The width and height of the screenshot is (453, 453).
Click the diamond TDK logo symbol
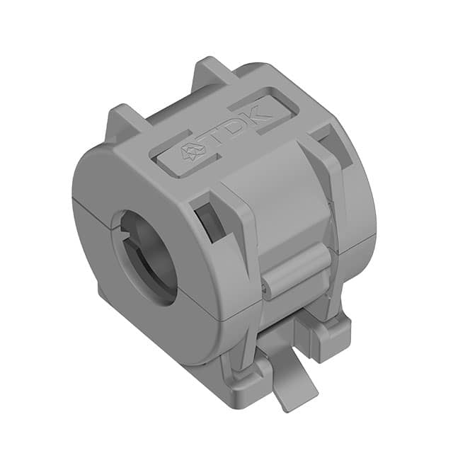193,151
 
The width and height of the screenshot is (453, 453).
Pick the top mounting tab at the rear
212,70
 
